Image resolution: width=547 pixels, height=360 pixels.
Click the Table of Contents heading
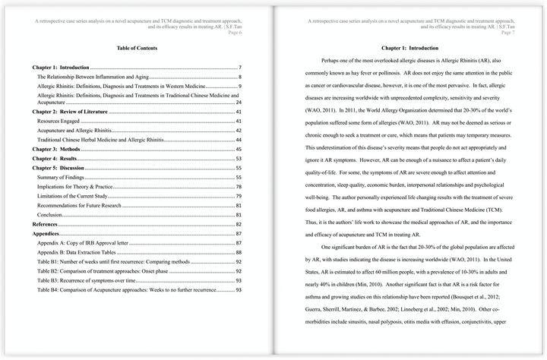pyautogui.click(x=137, y=48)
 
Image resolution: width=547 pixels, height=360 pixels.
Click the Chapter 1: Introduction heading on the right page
pyautogui.click(x=410, y=48)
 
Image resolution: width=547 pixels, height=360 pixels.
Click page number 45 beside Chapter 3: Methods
pyautogui.click(x=238, y=150)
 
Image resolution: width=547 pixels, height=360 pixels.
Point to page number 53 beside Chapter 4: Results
pyautogui.click(x=238, y=159)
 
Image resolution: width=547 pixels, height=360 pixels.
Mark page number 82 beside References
pyautogui.click(x=238, y=225)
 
